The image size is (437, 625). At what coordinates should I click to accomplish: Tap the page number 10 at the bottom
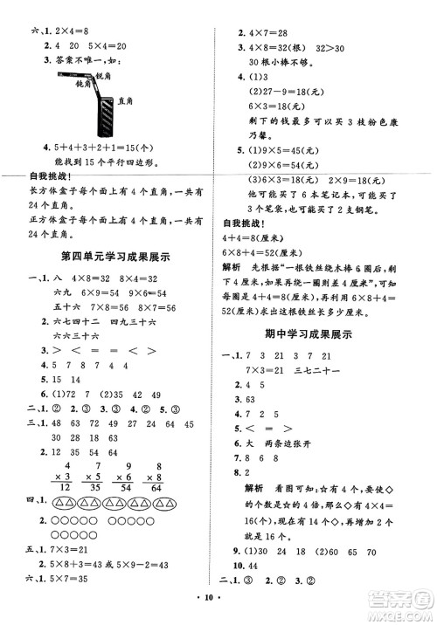218,612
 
